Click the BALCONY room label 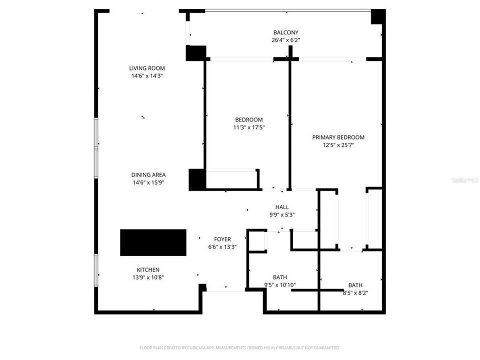[x=286, y=32]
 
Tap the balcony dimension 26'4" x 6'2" [x=286, y=40]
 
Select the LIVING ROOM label [x=146, y=68]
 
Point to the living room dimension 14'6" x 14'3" [x=146, y=76]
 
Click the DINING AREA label [x=148, y=175]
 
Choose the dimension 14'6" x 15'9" [x=148, y=182]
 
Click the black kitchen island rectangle [x=153, y=242]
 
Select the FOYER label [x=222, y=239]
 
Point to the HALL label [x=282, y=207]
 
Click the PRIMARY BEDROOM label [x=338, y=137]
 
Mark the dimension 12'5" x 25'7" [x=338, y=145]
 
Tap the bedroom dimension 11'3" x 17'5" [x=249, y=127]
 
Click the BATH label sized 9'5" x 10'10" [x=280, y=277]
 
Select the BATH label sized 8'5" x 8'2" [x=355, y=285]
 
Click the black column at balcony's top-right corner [x=378, y=16]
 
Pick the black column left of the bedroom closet [x=197, y=179]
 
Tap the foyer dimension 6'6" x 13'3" [x=222, y=246]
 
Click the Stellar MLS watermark [x=464, y=179]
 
